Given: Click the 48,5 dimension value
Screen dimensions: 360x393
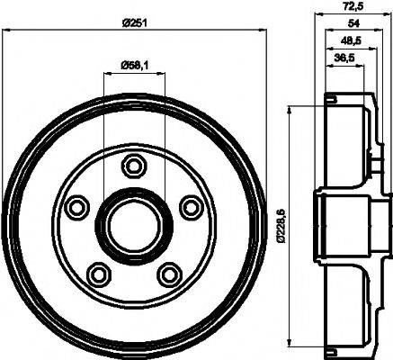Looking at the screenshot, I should tap(342, 41).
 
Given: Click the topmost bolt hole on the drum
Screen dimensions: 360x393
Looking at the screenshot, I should tap(134, 166).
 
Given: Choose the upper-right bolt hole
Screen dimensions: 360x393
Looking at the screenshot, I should tap(191, 207).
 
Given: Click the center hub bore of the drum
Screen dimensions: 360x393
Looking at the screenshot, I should tap(133, 223).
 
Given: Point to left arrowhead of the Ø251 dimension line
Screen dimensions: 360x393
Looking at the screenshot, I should tap(6, 31).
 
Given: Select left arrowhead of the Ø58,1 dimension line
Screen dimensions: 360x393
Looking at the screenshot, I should tap(107, 71).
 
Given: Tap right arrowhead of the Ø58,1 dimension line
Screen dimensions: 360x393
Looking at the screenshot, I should tap(163, 71).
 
